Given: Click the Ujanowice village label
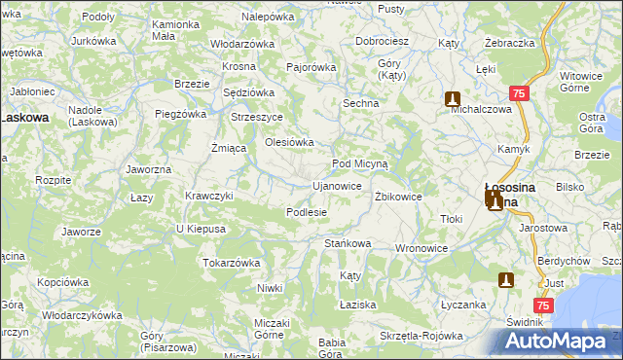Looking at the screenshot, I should pos(337,185).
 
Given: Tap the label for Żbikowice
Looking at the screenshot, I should pos(398,197).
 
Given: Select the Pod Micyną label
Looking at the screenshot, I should pos(360,164).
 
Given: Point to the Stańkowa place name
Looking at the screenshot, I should pos(348,243).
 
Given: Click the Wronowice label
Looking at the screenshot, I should pos(421,249).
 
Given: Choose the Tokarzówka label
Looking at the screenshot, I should pos(231,263).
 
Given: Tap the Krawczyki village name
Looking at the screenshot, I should pos(209,196).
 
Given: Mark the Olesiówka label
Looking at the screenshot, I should pos(290,142).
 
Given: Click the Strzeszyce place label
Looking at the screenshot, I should pos(256,117).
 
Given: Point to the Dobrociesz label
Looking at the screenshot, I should pos(382,42).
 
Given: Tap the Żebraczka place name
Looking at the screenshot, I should pos(510,44).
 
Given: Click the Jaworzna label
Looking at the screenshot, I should pos(149,169).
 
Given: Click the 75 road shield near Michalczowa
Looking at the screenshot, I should pos(518,93).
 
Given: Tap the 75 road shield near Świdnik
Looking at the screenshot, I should pos(543,306).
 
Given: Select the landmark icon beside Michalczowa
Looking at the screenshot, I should pos(453,98).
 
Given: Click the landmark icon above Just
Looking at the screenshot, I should pos(505,280).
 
